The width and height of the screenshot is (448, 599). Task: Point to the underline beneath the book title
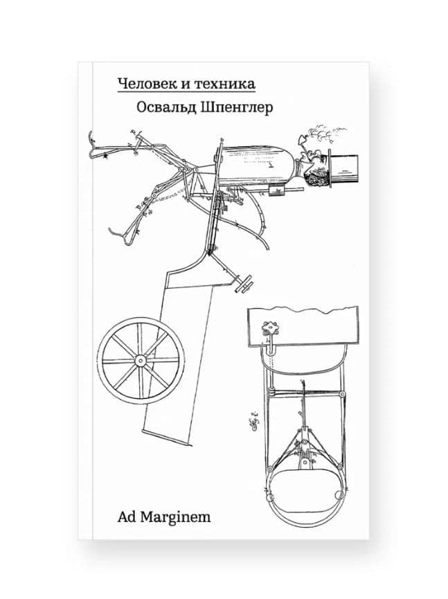click(186, 91)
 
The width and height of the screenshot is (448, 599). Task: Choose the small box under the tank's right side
click(277, 188)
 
